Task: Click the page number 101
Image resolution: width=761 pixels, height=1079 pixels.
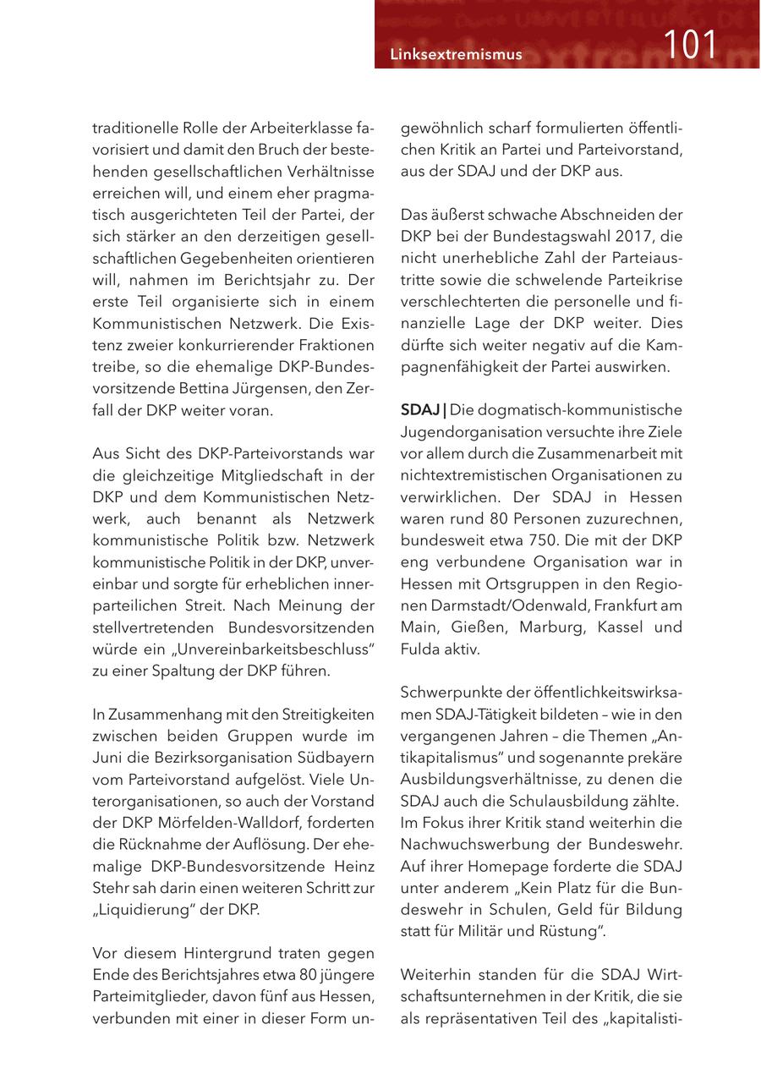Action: tap(690, 45)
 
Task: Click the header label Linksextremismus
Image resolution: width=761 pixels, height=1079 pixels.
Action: tap(456, 55)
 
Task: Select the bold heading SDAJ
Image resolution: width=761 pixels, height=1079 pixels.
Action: tap(419, 410)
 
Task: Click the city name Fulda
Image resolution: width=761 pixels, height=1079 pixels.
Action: tap(419, 649)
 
